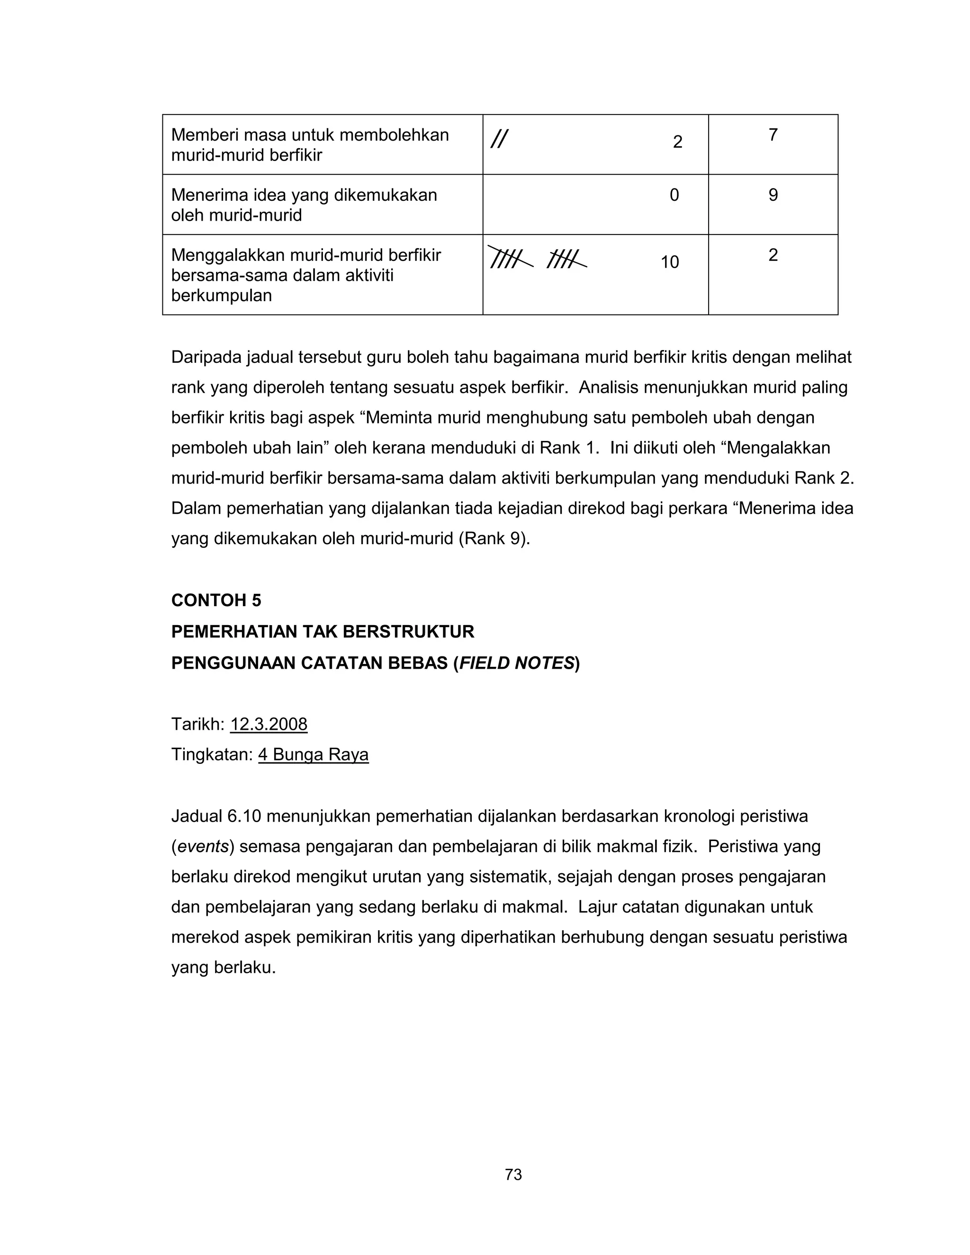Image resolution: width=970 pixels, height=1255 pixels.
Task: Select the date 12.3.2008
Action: coord(269,724)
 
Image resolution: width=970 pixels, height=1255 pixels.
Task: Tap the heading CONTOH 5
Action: coord(216,601)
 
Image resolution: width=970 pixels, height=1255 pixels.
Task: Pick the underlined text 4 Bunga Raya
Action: coord(313,754)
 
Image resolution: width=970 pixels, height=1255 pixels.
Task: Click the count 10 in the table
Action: coord(669,263)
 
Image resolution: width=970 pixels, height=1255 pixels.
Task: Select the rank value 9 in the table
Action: coord(773,196)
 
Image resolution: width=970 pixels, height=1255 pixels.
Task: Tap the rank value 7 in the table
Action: coord(773,135)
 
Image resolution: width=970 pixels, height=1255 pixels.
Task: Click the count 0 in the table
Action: coord(674,196)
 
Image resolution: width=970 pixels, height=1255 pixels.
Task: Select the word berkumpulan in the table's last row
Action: coord(221,296)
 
